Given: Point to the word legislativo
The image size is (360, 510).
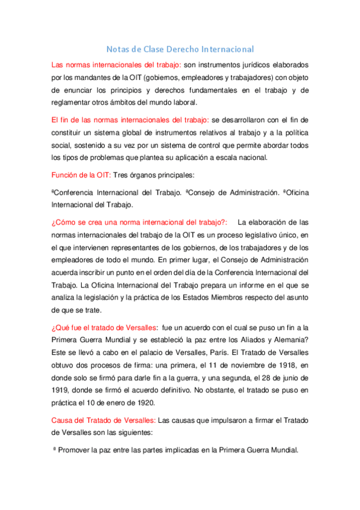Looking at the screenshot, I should tap(243, 234).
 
